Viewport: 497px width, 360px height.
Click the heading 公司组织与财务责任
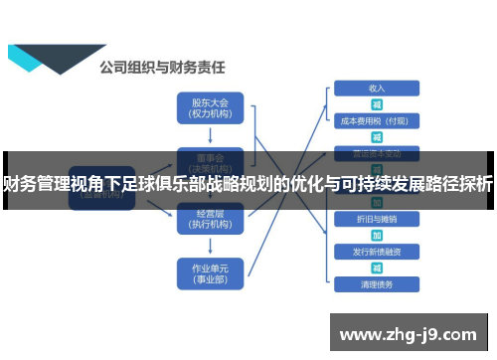pos(162,69)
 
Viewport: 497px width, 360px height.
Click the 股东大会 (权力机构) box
pos(209,107)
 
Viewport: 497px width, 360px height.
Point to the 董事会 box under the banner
pos(209,159)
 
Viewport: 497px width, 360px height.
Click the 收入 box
pos(377,89)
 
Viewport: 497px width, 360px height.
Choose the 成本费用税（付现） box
pos(377,121)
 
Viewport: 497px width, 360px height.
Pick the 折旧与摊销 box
pos(377,218)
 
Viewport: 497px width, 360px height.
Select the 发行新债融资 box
pos(377,251)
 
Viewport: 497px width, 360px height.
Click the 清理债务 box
pos(377,283)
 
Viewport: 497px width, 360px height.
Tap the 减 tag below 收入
pos(377,104)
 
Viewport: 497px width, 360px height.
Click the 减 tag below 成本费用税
pos(377,137)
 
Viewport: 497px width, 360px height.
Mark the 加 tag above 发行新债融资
pos(377,235)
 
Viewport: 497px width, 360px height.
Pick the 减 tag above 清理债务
pos(377,267)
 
